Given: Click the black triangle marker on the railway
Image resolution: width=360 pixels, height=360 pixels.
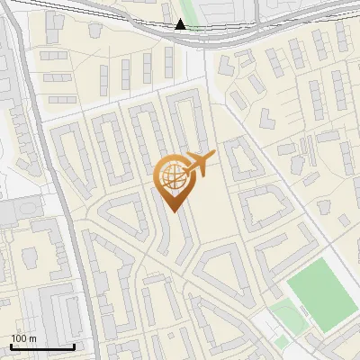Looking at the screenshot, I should [x=181, y=24].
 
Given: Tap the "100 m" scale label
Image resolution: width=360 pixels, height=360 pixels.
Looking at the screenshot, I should [x=24, y=338].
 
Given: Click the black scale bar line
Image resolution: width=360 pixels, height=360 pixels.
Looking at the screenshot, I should [x=41, y=346].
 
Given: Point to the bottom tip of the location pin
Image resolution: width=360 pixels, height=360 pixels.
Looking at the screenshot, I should [x=172, y=211].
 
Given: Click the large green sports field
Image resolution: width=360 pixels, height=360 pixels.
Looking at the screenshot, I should [x=320, y=293].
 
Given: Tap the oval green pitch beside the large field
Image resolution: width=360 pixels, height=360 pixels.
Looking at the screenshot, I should [x=287, y=317].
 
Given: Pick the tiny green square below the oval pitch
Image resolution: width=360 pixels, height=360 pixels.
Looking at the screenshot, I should [x=282, y=342].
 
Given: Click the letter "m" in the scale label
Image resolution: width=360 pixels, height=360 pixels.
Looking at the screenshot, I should [x=31, y=338].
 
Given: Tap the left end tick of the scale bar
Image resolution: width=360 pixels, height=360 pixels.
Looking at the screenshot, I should [x=11, y=345].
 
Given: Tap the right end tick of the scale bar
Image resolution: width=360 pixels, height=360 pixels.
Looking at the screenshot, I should [x=74, y=345].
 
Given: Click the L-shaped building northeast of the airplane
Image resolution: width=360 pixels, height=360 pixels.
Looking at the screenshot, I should [x=239, y=158].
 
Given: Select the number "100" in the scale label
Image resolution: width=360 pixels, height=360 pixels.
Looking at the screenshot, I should [x=19, y=338].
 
